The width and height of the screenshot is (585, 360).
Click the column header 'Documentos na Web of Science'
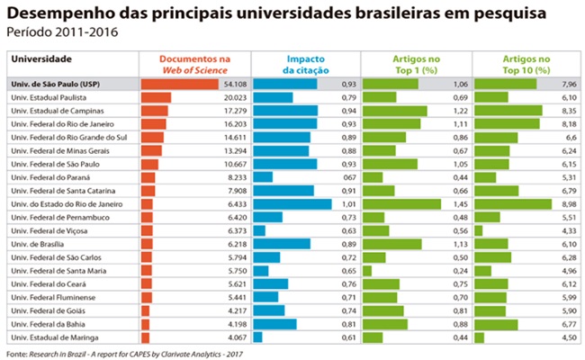coord(194,63)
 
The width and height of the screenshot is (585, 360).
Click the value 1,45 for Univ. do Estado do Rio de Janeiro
coord(456,204)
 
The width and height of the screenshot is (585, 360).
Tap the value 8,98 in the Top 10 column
coord(568,204)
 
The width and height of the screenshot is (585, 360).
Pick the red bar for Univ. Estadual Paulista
coord(156,97)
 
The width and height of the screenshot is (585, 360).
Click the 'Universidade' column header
coord(41,58)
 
